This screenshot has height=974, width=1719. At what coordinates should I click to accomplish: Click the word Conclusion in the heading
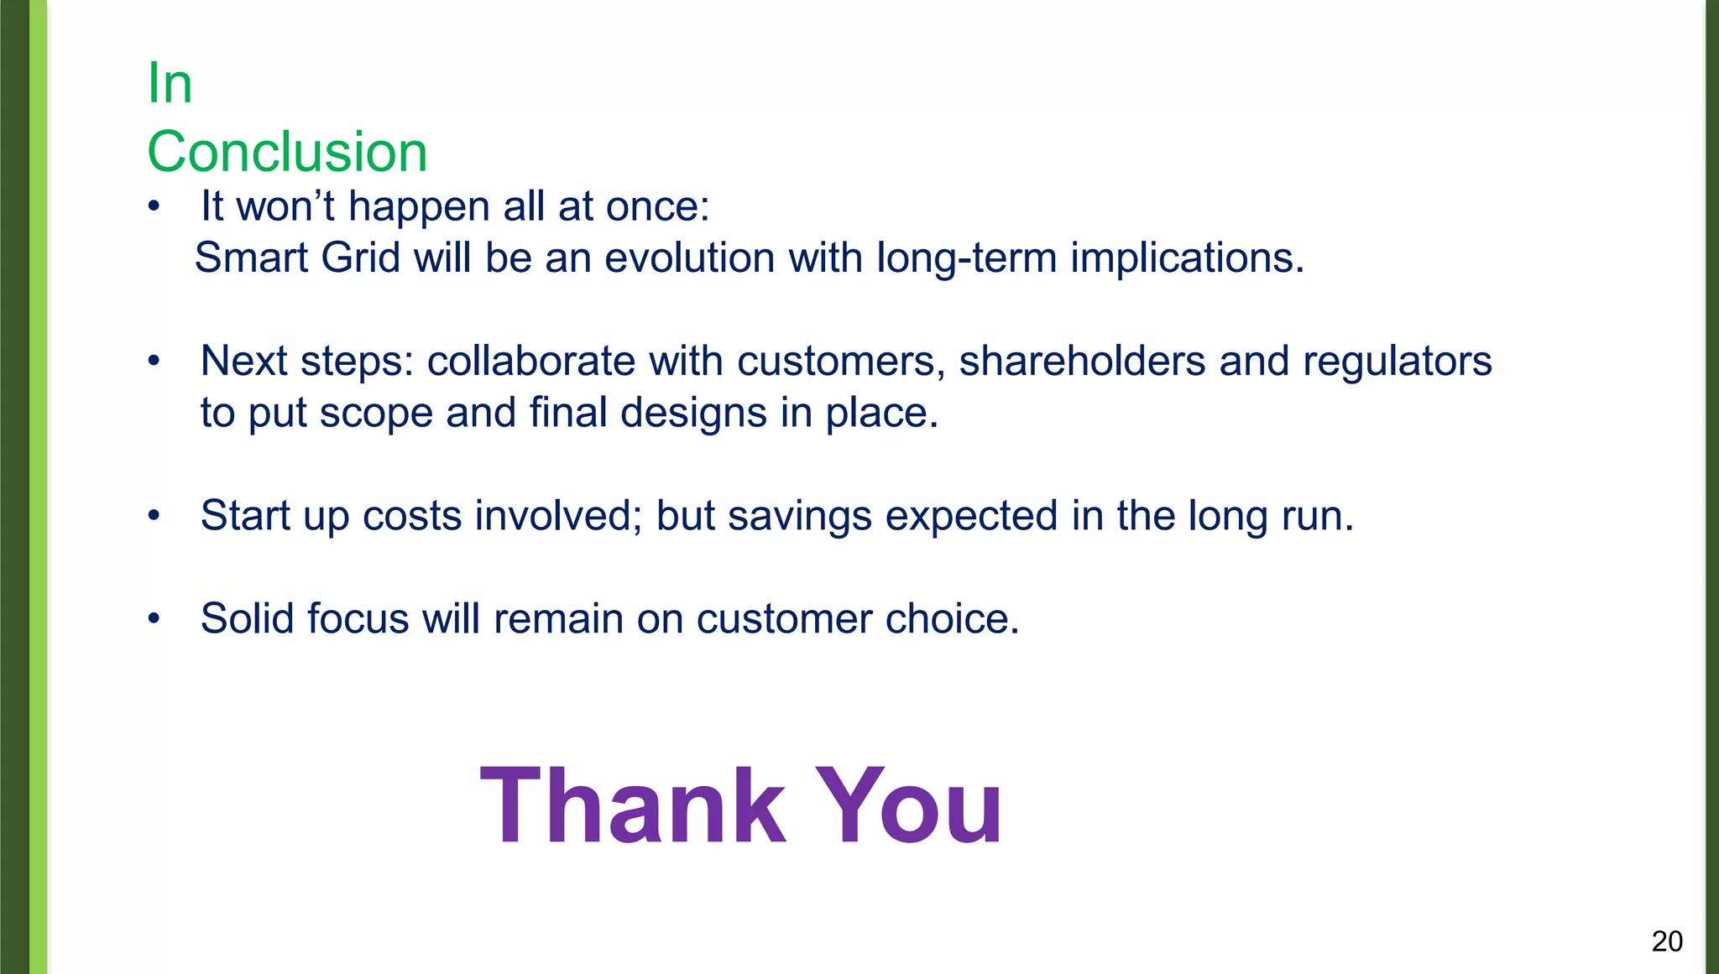(x=287, y=152)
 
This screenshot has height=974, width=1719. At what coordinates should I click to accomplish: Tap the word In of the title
(x=170, y=83)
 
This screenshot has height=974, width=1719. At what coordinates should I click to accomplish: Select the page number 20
(x=1666, y=941)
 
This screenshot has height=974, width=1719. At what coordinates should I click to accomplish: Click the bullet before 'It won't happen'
(x=153, y=206)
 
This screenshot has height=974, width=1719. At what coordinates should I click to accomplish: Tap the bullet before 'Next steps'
(x=153, y=361)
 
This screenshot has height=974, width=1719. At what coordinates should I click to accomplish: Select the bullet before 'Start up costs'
(x=153, y=515)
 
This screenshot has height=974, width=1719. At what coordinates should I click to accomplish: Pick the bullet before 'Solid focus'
(x=153, y=618)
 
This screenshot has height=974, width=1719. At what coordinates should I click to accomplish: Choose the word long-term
(x=966, y=259)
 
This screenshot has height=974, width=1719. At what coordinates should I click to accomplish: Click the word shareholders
(x=1082, y=361)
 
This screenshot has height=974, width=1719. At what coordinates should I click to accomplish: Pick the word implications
(x=1187, y=259)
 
